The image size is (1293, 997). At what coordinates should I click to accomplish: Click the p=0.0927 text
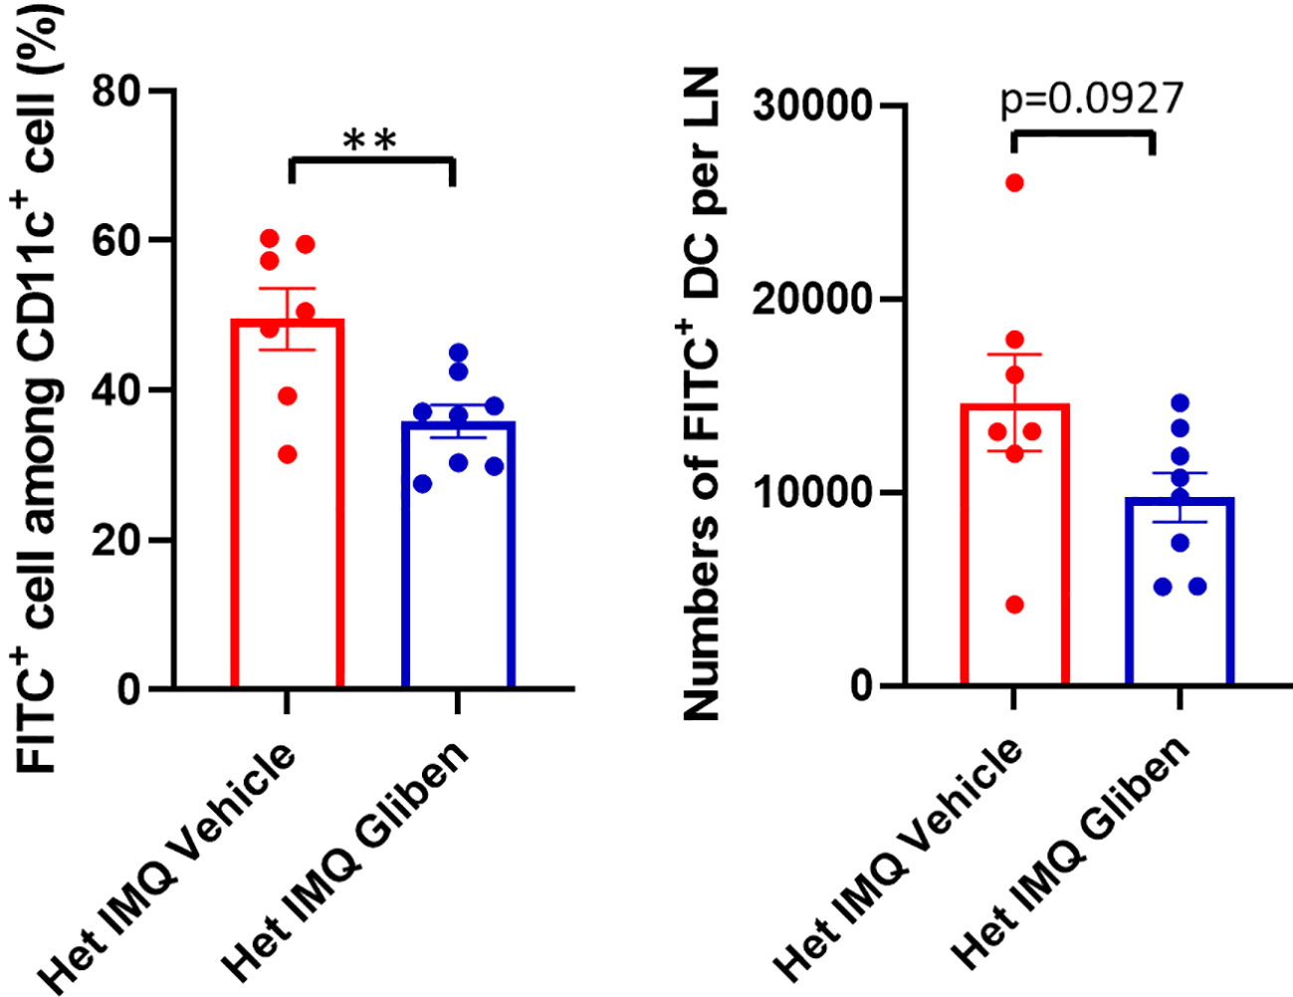tap(1092, 99)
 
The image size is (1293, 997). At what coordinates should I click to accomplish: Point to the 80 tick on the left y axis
tap(117, 91)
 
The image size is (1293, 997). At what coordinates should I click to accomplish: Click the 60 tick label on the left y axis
tap(117, 240)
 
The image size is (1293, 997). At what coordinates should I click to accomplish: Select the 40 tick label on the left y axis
tap(117, 390)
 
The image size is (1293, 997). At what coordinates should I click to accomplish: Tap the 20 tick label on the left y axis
tap(117, 540)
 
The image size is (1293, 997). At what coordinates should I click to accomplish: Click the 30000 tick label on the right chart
tap(812, 105)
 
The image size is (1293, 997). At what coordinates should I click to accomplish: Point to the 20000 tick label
tap(812, 299)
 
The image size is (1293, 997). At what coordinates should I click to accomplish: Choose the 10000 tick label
tap(812, 493)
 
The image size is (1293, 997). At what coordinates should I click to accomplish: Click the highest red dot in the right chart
tap(1014, 182)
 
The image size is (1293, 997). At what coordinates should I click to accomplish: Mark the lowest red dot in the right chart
tap(1014, 605)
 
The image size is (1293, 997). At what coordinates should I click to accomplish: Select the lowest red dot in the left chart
tap(287, 455)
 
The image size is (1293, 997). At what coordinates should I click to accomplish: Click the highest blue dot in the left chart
tap(458, 353)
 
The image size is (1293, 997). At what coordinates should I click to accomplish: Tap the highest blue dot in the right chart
tap(1180, 402)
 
